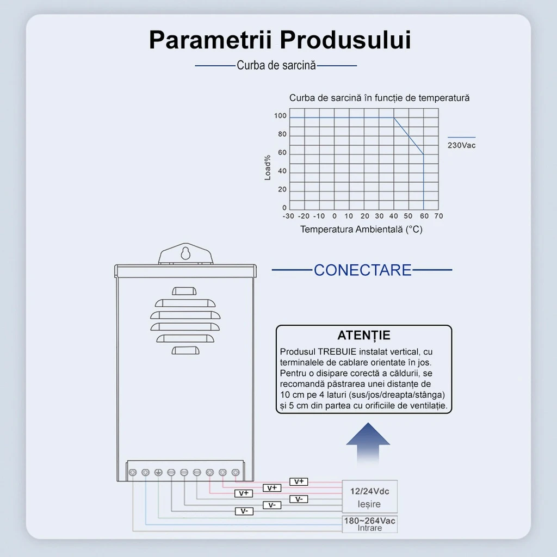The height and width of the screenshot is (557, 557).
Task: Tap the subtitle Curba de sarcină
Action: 276,65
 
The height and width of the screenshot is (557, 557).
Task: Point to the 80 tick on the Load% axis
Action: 282,134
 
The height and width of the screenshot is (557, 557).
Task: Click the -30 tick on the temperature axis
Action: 288,216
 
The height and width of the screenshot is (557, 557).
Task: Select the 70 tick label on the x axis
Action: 439,216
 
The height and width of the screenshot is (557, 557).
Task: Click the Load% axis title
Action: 268,168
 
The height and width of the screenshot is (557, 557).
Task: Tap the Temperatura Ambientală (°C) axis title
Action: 361,230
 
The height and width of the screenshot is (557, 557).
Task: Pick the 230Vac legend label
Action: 461,145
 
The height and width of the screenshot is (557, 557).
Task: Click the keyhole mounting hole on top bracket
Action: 185,253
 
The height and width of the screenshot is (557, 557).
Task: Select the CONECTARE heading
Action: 362,270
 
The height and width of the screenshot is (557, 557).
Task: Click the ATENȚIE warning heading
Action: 364,335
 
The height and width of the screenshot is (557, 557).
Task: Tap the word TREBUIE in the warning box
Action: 337,352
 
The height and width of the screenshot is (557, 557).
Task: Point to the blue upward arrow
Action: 368,442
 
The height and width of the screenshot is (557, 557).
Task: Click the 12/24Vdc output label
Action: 369,491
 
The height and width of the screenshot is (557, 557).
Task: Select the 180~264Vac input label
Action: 369,521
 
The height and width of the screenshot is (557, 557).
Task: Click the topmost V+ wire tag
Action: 299,482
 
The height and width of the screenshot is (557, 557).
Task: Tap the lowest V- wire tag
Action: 244,511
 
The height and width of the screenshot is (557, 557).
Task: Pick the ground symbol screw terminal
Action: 158,473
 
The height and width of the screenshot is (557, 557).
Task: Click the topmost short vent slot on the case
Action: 184,292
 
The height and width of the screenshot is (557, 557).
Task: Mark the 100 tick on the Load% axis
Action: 280,116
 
